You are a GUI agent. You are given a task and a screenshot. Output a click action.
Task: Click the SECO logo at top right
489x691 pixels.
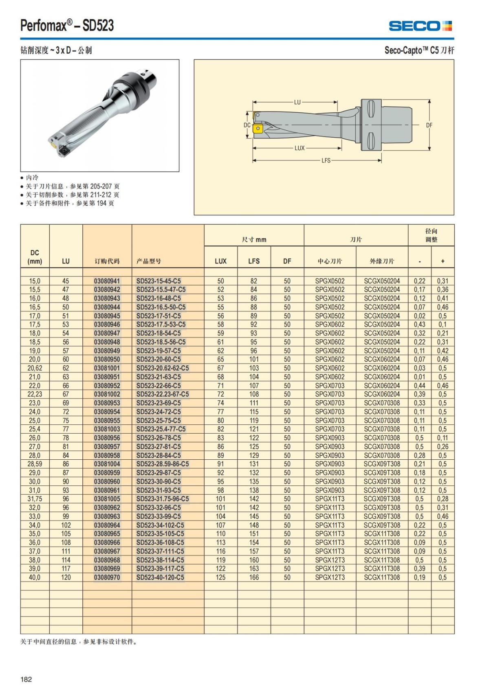point(420,26)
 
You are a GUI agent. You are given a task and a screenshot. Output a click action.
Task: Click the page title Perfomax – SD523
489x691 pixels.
point(67,26)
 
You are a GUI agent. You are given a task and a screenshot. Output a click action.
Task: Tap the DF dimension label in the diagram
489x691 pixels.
point(429,125)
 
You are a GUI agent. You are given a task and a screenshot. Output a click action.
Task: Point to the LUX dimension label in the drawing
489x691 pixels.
point(300,148)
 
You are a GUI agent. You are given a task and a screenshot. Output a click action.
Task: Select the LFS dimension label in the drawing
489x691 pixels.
point(326,160)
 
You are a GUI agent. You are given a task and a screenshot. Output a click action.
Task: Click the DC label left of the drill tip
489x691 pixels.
point(247,125)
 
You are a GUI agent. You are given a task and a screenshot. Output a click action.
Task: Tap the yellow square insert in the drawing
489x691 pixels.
point(258,129)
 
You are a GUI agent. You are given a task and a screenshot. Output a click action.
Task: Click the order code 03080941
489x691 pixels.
point(107,281)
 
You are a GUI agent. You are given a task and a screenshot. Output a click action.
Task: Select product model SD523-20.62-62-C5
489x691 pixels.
point(163,368)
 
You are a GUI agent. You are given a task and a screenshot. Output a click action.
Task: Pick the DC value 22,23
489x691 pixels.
point(35,394)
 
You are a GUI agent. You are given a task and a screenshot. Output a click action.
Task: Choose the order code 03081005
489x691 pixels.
point(107,499)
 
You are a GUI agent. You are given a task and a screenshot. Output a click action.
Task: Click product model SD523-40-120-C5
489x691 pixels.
point(160,577)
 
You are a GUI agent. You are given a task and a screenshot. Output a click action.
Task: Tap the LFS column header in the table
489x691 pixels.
point(254,261)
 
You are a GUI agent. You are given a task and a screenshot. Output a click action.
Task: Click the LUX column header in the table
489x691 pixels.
point(220,261)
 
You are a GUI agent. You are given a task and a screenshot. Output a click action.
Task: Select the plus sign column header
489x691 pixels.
point(443,261)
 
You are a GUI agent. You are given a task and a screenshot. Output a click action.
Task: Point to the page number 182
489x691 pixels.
point(26,679)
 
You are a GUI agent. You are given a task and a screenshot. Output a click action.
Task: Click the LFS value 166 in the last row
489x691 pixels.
point(254,577)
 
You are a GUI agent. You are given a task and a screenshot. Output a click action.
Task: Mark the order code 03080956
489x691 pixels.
point(107,438)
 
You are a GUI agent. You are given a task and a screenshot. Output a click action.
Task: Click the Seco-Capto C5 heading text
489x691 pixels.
point(419,50)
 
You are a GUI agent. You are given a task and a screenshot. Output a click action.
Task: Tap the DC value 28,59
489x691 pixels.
point(35,464)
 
